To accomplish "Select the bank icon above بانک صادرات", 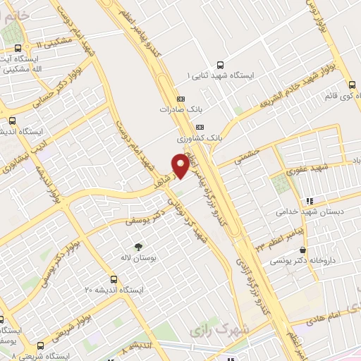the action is (180, 99).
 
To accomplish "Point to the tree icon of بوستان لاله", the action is (137, 246).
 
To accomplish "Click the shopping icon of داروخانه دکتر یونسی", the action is (302, 250).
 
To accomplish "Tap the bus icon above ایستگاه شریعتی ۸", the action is (39, 345).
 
